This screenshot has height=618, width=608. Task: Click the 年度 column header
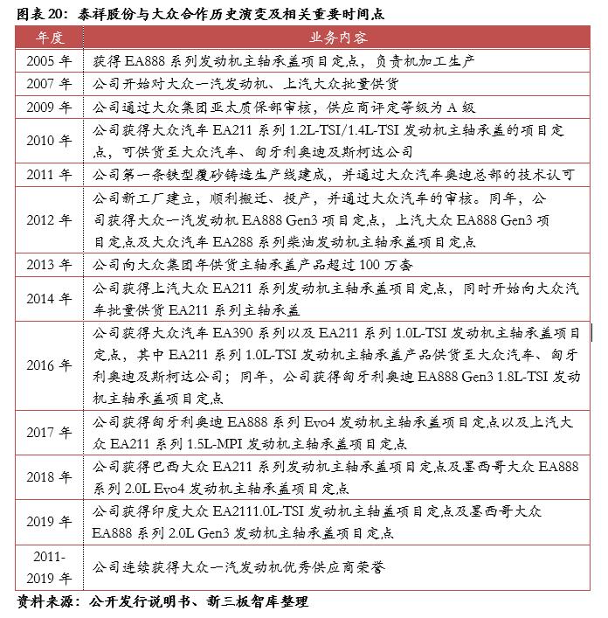[x=51, y=40]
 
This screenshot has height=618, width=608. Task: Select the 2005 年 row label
[x=51, y=62]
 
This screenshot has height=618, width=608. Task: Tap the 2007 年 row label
[x=51, y=85]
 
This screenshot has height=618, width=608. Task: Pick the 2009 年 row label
[x=51, y=108]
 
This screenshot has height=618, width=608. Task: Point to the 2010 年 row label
[x=51, y=141]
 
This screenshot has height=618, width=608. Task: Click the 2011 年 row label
[x=51, y=175]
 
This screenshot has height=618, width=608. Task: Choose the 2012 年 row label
[x=51, y=219]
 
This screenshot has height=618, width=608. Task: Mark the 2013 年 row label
[x=51, y=265]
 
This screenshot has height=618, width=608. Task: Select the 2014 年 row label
[x=51, y=298]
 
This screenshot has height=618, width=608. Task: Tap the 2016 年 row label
[x=51, y=365]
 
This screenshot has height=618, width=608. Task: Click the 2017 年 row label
[x=51, y=433]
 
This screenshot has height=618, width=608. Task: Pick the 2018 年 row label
[x=51, y=477]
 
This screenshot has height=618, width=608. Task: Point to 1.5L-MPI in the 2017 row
[x=218, y=444]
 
